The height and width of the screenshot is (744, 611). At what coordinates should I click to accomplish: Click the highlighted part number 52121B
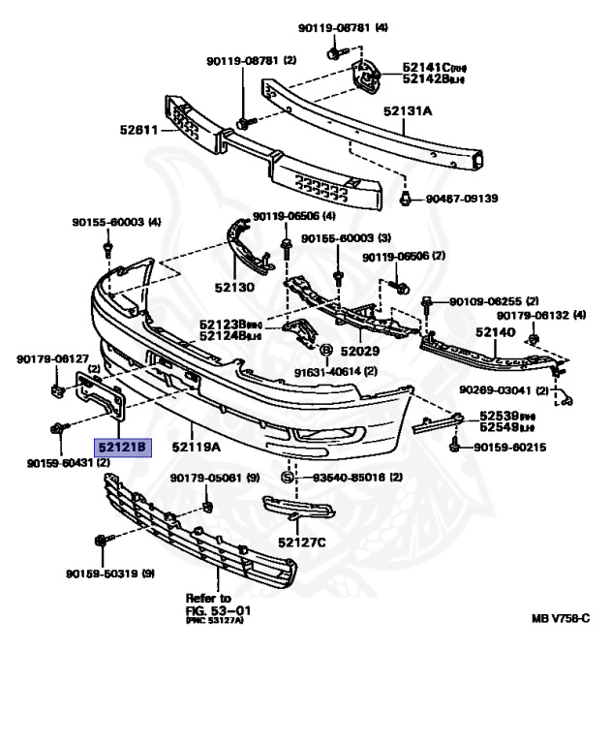point(121,448)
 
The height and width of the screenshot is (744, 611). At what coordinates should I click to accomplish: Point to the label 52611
point(141,130)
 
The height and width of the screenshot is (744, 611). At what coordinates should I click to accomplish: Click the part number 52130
point(233,288)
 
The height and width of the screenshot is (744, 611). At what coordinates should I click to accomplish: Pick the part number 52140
point(495,331)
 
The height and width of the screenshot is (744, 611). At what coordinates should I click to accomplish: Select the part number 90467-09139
point(463,199)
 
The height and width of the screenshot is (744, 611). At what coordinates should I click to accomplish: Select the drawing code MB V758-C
point(560,618)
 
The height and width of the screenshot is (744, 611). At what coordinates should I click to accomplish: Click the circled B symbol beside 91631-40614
point(325,350)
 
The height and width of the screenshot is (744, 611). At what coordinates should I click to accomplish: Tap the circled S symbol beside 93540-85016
point(287,477)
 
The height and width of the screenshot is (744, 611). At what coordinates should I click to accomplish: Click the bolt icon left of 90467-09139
point(407,199)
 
